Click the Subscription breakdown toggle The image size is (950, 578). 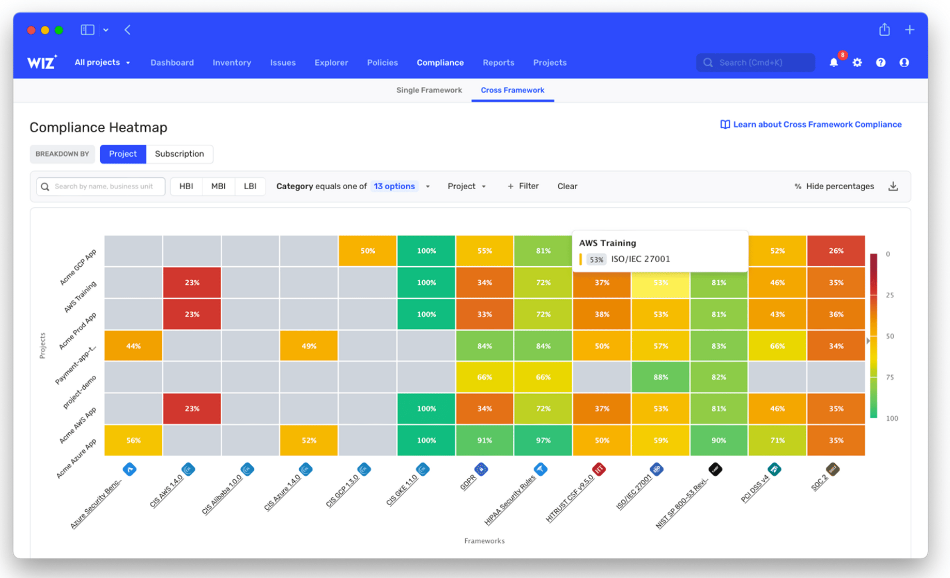tap(179, 154)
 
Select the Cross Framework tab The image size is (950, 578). tap(512, 90)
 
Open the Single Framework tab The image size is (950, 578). tap(429, 90)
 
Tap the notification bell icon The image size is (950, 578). tap(834, 63)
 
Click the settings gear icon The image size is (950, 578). tap(857, 63)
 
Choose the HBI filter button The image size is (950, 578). tap(186, 186)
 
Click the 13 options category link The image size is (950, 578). tap(394, 186)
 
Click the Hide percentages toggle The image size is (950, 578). tap(834, 186)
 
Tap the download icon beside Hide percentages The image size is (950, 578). tap(893, 186)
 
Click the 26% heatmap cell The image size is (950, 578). tap(836, 251)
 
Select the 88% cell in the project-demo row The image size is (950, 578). tap(660, 377)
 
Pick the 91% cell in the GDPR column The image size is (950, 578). tap(484, 440)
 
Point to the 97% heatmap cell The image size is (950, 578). tap(543, 440)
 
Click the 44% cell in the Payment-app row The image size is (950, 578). tap(133, 345)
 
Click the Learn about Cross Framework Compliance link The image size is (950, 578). tap(811, 125)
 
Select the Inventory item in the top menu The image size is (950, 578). tap(232, 63)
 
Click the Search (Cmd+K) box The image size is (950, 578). tap(755, 63)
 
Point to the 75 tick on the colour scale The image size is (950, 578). tap(890, 377)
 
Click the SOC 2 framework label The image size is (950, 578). tap(819, 483)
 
